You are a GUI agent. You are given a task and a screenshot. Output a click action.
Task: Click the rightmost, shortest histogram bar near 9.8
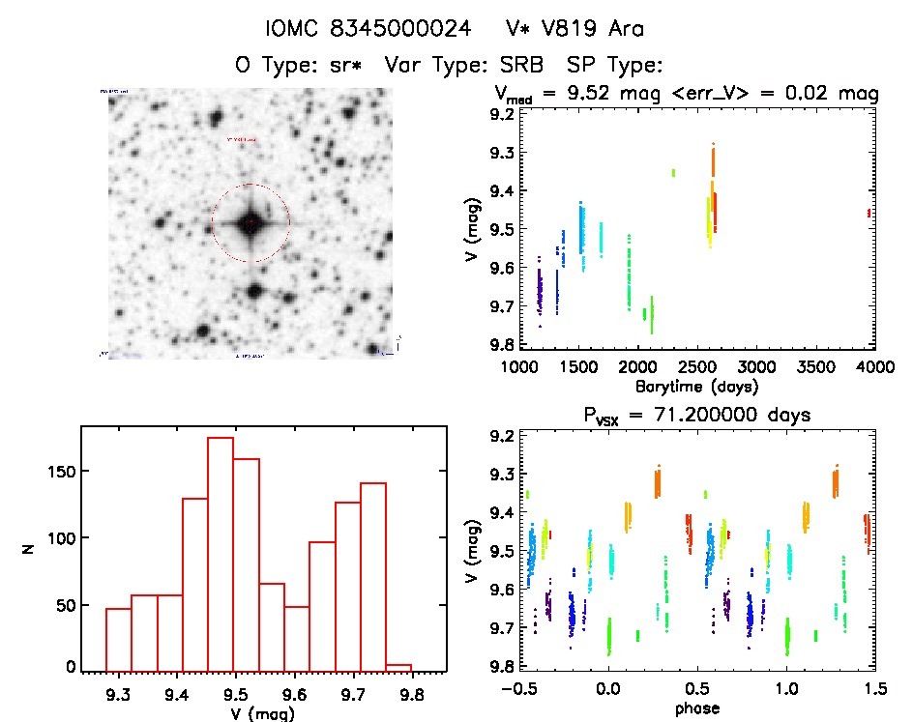click(398, 667)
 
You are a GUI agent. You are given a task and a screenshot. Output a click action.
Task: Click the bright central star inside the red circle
click(250, 223)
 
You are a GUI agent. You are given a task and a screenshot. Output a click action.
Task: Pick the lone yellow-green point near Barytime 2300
click(673, 172)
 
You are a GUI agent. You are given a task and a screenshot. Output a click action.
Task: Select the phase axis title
click(696, 709)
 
